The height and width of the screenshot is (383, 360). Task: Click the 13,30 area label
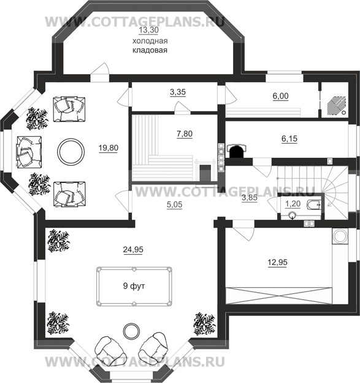click(148, 30)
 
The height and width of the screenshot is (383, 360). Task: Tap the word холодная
click(150, 41)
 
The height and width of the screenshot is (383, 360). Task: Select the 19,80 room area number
click(109, 148)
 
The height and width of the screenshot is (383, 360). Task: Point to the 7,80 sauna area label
click(185, 134)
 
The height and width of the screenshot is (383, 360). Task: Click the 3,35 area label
click(178, 92)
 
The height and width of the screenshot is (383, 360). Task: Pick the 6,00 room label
click(280, 96)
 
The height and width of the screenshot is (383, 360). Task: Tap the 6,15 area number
click(289, 139)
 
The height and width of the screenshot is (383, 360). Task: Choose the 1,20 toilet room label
click(293, 204)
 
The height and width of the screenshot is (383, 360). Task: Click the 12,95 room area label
click(277, 262)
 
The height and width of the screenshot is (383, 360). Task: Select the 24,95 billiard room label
click(133, 250)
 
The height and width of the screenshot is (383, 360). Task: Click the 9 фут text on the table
click(134, 285)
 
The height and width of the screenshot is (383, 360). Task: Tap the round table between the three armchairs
click(71, 152)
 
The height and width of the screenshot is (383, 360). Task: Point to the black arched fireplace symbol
click(236, 151)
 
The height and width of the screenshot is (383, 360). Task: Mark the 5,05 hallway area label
click(175, 204)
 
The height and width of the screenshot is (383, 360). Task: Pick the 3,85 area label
click(250, 198)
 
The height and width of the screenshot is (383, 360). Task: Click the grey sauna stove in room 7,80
click(205, 173)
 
